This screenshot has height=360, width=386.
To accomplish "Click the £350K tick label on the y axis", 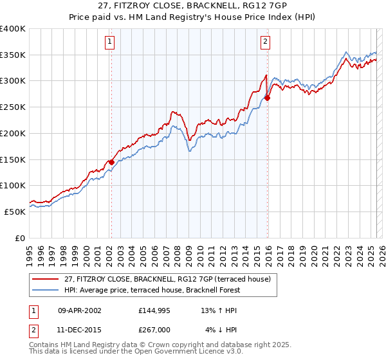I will coord(13,55).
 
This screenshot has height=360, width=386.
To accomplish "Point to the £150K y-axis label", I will coord(13,159).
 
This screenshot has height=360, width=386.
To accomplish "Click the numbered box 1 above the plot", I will coord(111,42).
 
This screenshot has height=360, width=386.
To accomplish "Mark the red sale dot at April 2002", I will coord(111,162).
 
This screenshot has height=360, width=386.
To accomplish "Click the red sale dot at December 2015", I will coord(268,98).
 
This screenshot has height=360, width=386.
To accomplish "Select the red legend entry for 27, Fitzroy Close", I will coord(170,279).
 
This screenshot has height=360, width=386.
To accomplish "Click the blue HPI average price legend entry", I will coord(152,290).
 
